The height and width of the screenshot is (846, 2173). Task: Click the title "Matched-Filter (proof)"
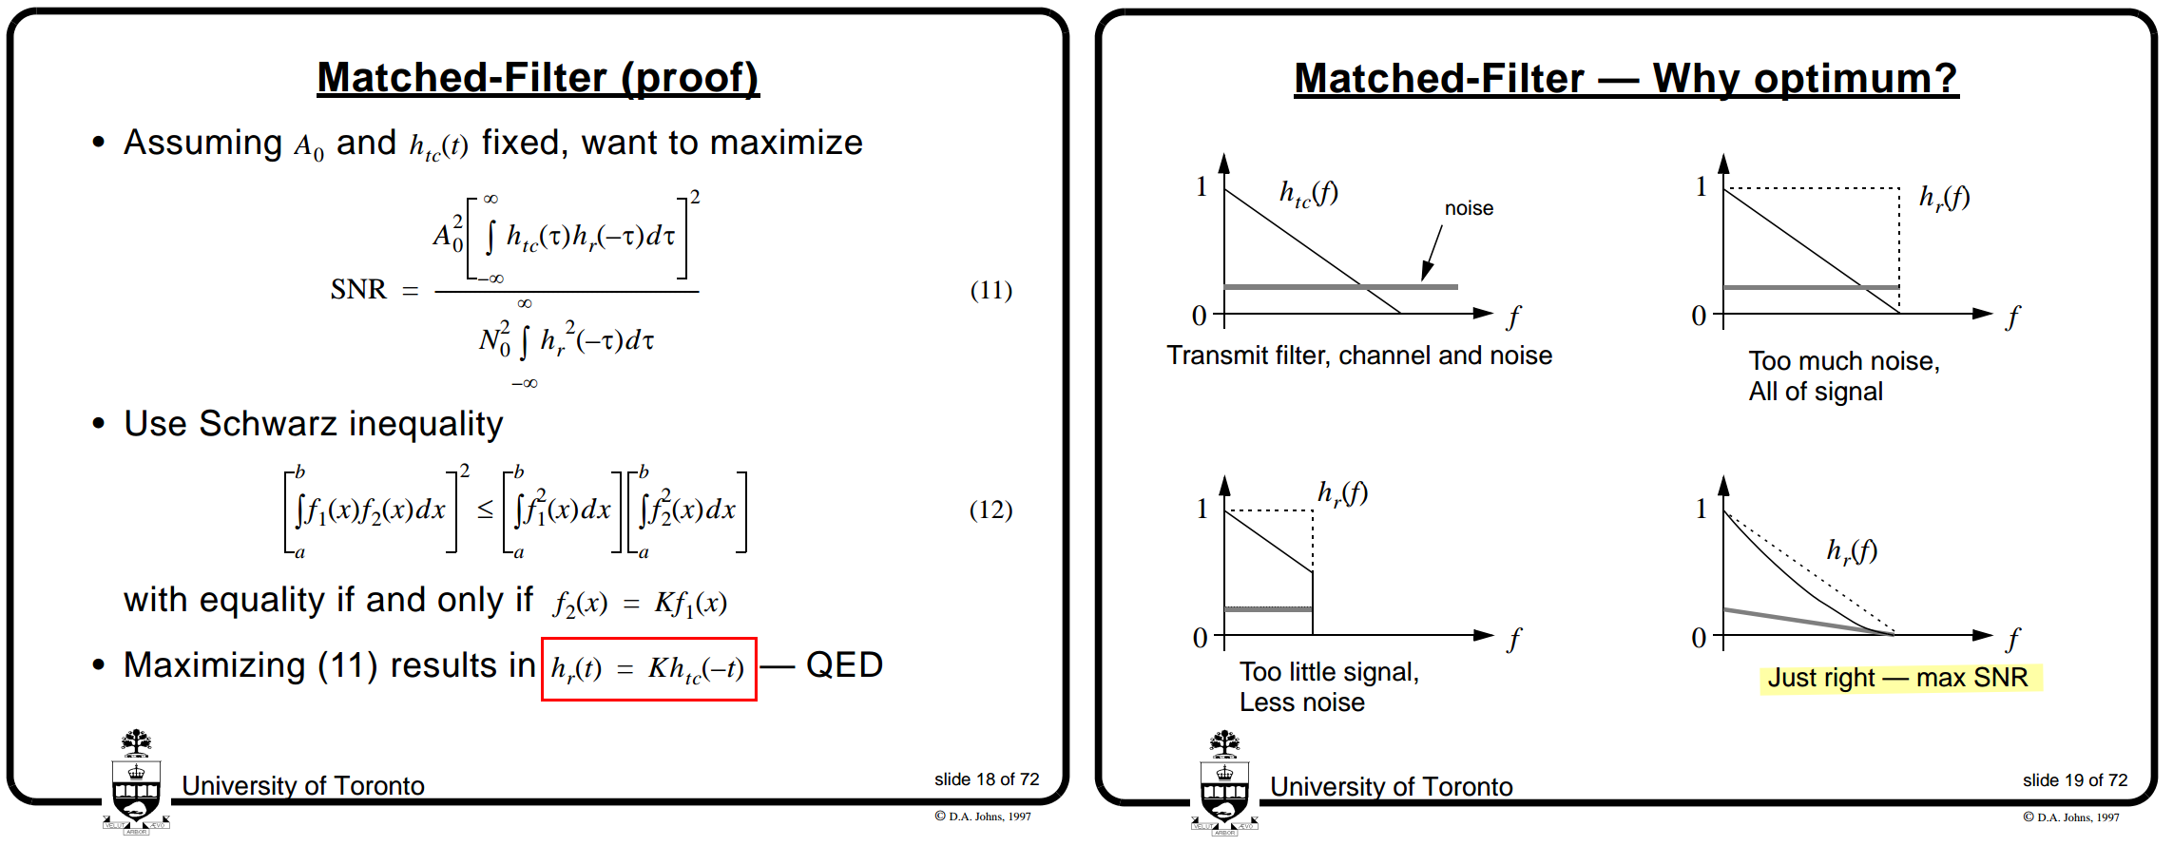coord(538,77)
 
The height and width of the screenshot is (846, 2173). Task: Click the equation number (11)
coord(990,290)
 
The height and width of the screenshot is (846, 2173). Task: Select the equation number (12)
coord(990,510)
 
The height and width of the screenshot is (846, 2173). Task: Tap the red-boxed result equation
coord(648,668)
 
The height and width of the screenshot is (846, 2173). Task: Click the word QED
coord(844,664)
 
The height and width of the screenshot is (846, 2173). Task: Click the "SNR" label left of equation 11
coord(358,289)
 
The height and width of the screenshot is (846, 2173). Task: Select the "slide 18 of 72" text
coord(986,779)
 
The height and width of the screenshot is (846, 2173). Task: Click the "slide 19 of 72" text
coord(2074,780)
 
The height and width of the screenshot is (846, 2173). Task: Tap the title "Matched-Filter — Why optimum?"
coord(1625,78)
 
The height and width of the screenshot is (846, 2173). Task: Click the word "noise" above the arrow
coord(1469,208)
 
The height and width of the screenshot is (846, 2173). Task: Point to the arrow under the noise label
coord(1432,252)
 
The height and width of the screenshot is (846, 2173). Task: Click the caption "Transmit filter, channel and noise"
coord(1359,356)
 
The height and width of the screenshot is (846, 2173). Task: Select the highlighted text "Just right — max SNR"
coord(1897,678)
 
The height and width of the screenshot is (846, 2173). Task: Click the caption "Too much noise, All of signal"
coord(1843,376)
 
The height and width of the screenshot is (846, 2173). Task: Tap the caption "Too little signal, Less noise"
coord(1328,686)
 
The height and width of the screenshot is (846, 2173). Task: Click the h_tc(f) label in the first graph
coord(1308,194)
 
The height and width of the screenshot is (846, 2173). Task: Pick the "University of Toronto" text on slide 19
coord(1391,787)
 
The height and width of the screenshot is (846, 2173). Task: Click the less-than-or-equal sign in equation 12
coord(485,510)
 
